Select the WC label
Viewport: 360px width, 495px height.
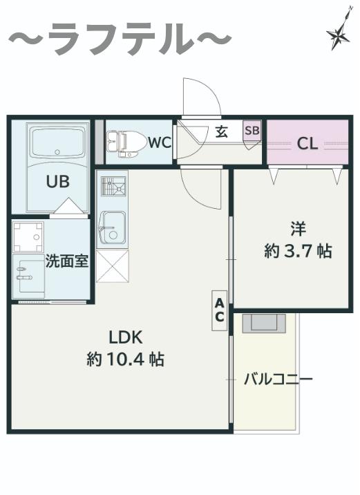point(160,142)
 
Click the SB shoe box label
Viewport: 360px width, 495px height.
point(252,130)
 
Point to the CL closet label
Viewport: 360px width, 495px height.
point(307,144)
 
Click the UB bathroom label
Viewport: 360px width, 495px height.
point(58,182)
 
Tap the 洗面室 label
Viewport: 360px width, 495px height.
point(67,261)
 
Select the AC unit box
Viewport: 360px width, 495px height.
point(219,310)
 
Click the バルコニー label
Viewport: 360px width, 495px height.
point(278,379)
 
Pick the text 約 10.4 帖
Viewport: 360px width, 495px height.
point(126,359)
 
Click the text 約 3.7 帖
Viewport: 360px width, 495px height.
point(298,252)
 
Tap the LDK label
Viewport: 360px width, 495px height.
point(126,337)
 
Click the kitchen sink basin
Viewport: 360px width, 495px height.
point(113,227)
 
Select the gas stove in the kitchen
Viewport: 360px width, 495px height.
point(113,186)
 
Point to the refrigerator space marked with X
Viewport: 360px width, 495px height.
point(113,265)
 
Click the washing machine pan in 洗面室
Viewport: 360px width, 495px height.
point(28,236)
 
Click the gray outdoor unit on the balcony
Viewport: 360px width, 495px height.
point(264,323)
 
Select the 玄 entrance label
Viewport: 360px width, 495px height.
point(222,131)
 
